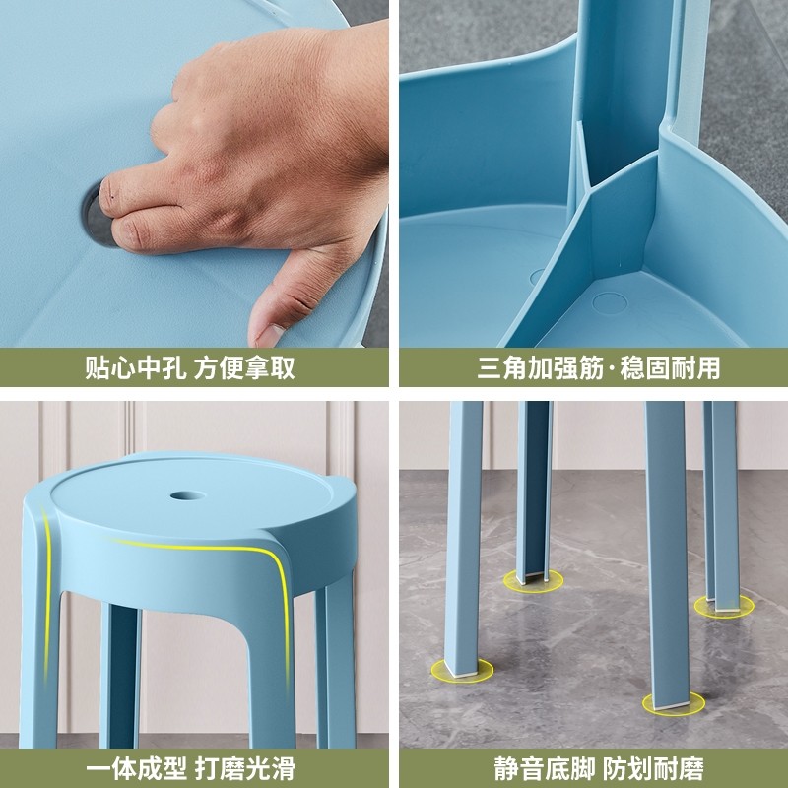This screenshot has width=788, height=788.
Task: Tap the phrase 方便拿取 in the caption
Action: (x=244, y=368)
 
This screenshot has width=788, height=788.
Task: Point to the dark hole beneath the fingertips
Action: (x=95, y=207)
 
